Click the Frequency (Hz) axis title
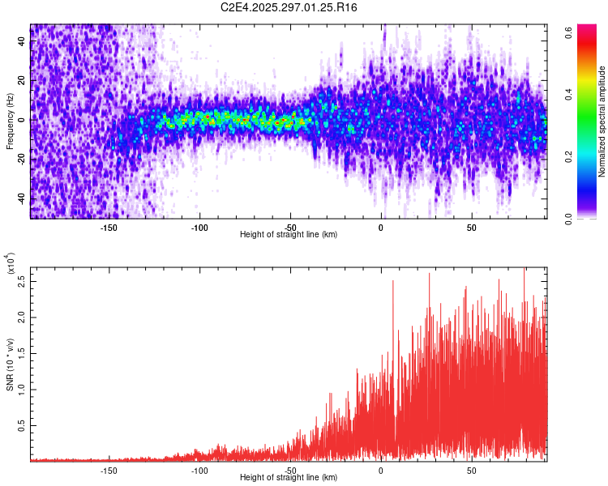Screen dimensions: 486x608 point(10,122)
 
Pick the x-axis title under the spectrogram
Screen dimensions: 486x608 point(289,234)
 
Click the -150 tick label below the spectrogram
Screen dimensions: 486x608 point(108,227)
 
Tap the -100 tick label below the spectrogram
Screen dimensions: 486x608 point(199,227)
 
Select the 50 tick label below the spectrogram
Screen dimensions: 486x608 point(471,227)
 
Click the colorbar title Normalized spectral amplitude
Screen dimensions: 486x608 point(602,122)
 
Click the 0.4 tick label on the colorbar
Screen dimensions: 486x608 point(569,94)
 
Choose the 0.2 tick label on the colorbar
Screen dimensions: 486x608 point(569,156)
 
